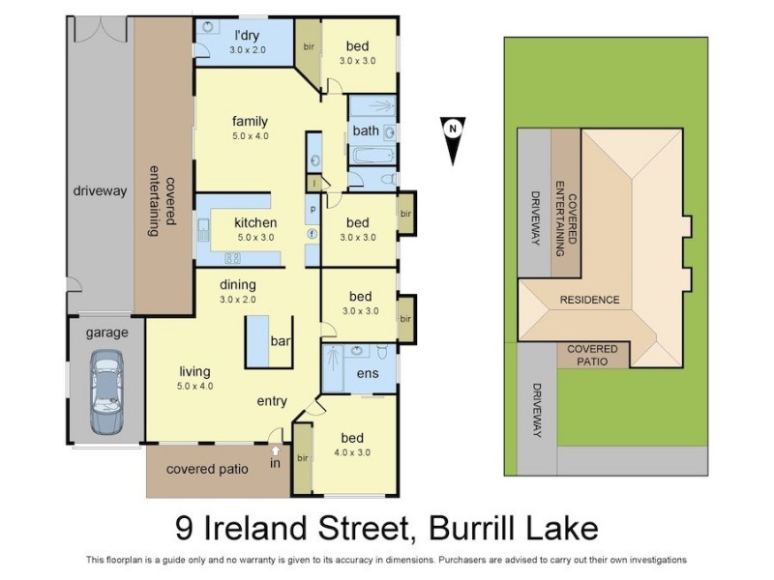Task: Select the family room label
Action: tap(249, 122)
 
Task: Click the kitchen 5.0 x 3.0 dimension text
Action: tap(254, 237)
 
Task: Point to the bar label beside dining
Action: tap(282, 342)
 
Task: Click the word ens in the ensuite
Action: tap(367, 373)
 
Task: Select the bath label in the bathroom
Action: tap(366, 130)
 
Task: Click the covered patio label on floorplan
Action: tap(207, 469)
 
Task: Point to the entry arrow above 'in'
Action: tap(275, 449)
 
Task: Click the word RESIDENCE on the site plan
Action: tap(589, 300)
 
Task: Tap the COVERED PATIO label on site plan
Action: tap(592, 355)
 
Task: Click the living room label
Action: tap(194, 370)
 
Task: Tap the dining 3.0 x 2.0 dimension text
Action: tap(237, 300)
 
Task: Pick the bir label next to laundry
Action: tap(309, 46)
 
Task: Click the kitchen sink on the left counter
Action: tap(204, 230)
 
